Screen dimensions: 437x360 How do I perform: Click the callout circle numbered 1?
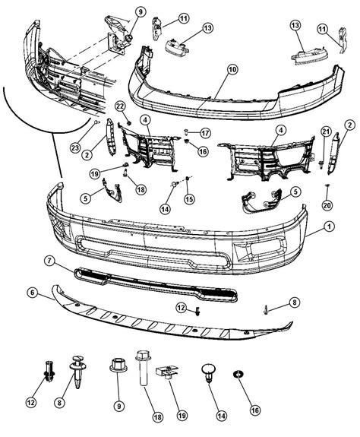(x=329, y=226)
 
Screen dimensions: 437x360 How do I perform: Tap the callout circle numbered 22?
(x=120, y=106)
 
